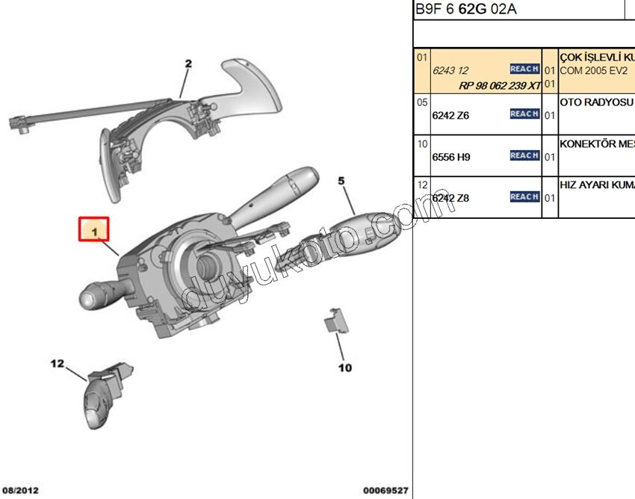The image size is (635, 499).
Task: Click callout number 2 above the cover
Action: (188, 63)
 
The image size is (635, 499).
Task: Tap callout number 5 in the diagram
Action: (341, 180)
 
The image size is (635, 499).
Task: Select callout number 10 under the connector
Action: (344, 368)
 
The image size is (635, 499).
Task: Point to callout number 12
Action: (58, 364)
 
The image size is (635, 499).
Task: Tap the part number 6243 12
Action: (450, 70)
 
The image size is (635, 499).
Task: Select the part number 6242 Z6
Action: (451, 115)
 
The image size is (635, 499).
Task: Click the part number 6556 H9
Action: (451, 157)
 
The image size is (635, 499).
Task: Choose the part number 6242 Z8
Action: (451, 198)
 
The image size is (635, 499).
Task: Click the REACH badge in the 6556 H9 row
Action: (524, 155)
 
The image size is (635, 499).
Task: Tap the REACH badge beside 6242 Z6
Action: (524, 114)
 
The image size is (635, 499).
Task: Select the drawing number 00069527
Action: (385, 491)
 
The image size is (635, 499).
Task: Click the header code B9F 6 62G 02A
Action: (465, 10)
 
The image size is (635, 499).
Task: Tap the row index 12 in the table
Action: (422, 185)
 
